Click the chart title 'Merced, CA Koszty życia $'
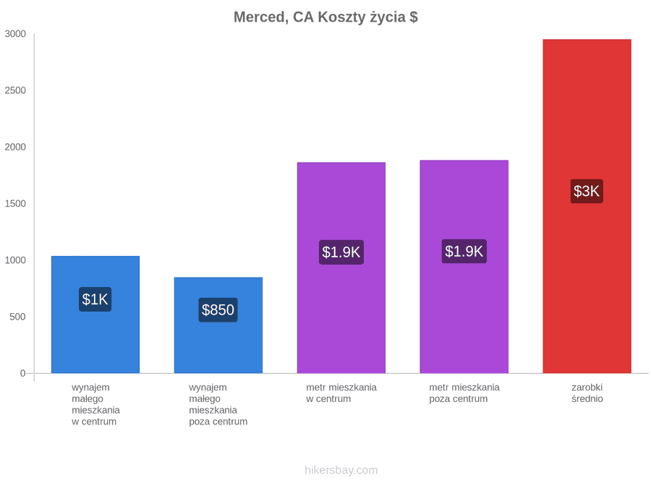point(325,17)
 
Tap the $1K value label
point(95,299)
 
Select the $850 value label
point(218,310)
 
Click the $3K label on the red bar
point(587,192)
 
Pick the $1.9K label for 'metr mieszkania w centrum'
point(341,252)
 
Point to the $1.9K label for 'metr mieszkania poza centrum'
point(464,252)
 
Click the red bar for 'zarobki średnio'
point(587,206)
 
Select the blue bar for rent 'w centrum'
point(95,314)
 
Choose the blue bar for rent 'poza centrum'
point(218,325)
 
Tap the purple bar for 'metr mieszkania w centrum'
point(341,267)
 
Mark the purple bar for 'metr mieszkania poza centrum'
point(464,267)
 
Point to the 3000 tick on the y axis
point(15,34)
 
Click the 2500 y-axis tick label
point(15,90)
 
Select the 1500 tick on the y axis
point(15,204)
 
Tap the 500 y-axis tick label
point(18,317)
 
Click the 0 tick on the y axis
point(23,374)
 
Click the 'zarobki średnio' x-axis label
point(587,393)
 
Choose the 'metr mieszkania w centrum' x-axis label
point(341,393)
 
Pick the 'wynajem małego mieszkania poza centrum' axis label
point(218,405)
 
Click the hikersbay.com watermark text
point(341,470)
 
